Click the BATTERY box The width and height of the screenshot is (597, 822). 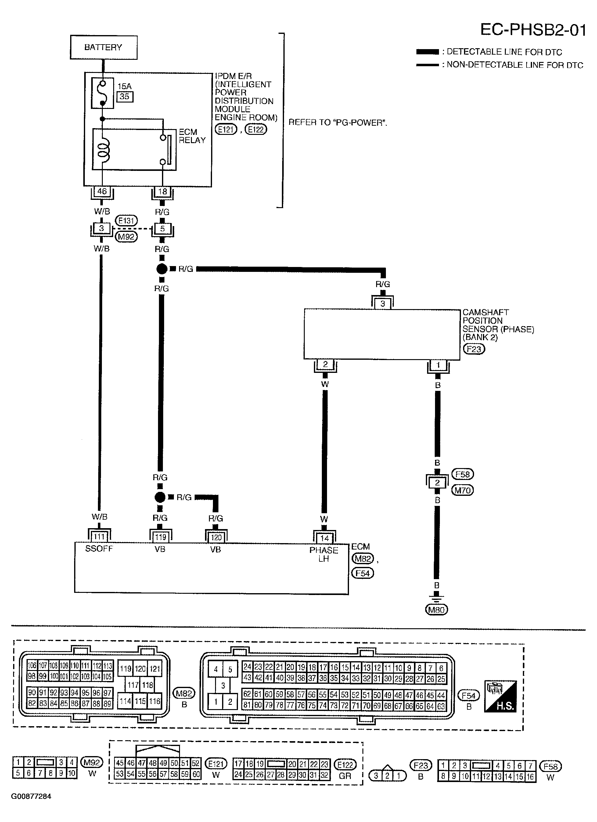104,47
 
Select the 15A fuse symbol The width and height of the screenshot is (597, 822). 102,93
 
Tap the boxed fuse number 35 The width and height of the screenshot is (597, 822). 124,97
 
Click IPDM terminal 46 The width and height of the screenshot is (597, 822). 102,191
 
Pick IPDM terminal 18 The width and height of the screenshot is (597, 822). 163,191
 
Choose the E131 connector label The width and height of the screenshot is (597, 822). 126,221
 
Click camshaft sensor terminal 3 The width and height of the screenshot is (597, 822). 383,304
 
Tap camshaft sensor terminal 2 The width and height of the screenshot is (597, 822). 325,364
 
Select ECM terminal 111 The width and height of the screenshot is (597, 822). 99,537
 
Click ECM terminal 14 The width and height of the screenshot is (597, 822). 325,538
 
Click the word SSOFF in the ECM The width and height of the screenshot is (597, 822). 99,549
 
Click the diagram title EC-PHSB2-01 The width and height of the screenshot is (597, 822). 533,30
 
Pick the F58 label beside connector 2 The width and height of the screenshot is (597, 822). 462,474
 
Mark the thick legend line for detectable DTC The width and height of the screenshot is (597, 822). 427,52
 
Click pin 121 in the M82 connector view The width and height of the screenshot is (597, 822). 155,669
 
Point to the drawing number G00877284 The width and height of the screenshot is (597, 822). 31,796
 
